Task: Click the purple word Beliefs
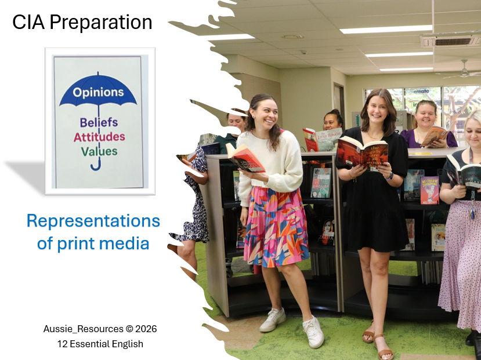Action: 99,122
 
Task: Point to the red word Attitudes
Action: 99,137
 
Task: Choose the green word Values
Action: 99,151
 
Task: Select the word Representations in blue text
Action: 93,221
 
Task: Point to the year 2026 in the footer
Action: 145,329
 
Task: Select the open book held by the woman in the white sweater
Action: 246,157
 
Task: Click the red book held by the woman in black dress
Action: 362,152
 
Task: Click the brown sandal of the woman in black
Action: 383,347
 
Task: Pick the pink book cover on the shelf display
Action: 429,190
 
